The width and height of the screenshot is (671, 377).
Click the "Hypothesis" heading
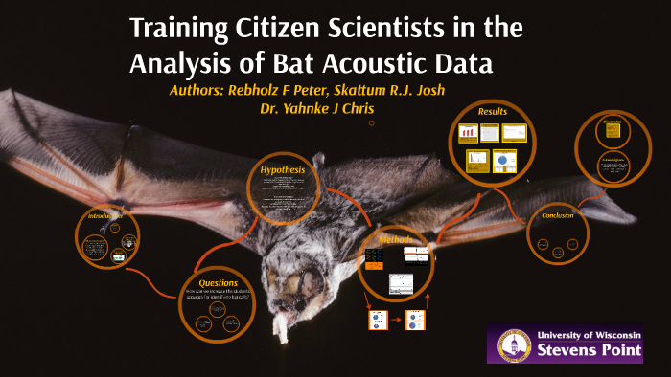coord(282,169)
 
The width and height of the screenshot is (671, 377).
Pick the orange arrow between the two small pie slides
coord(394,321)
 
